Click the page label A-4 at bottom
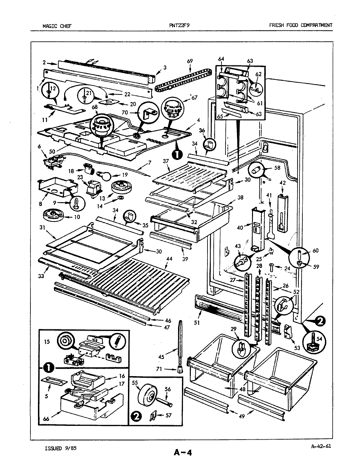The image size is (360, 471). pos(182,453)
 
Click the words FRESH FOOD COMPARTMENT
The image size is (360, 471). pos(300,25)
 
